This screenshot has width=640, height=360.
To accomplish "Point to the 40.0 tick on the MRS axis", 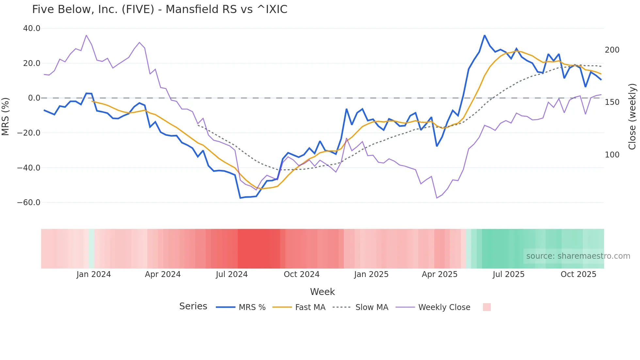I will [32, 28].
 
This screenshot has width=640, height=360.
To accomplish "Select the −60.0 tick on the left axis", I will [29, 203].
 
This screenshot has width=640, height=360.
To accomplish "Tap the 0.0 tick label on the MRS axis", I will [34, 98].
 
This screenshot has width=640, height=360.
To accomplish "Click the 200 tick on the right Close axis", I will [612, 50].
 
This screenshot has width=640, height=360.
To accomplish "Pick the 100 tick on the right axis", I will [612, 155].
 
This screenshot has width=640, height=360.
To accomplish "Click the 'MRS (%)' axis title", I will [6, 117].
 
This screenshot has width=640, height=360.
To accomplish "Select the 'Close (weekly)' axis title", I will [632, 117].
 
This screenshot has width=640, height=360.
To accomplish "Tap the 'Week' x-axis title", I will [322, 292].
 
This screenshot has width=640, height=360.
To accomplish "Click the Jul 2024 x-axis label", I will [232, 274].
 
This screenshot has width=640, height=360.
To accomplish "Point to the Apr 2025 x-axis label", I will [440, 274].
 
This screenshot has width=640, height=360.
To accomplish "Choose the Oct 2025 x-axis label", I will [578, 274].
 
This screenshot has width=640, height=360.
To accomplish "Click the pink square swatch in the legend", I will [487, 307].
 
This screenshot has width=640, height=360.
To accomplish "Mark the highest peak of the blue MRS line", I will [485, 35].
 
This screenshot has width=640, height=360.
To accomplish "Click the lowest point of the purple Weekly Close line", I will [437, 198].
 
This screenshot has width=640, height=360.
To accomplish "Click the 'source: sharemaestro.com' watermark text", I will [578, 256].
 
